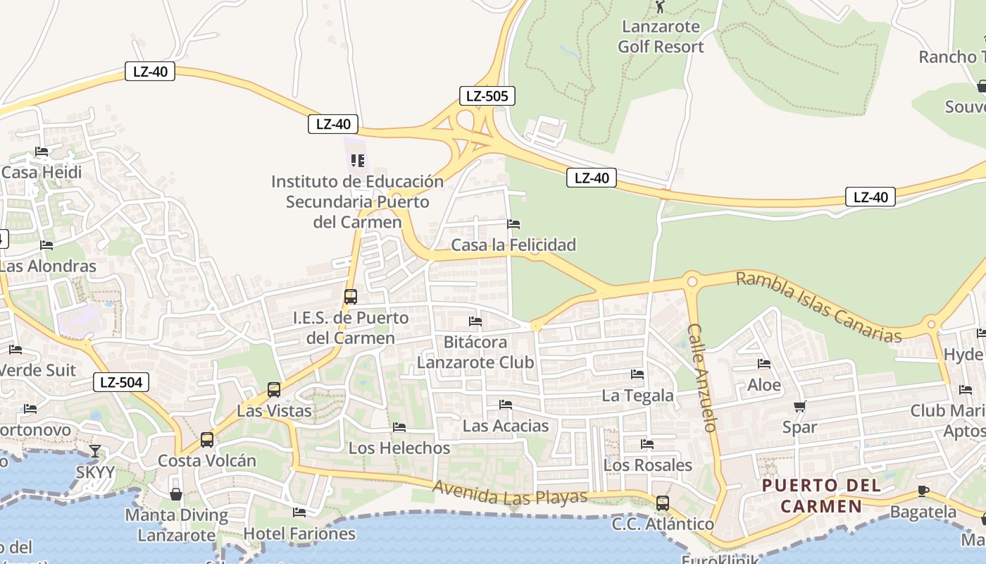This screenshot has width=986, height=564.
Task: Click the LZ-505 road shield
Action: (x=487, y=96)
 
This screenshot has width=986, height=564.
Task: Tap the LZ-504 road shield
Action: (x=121, y=383)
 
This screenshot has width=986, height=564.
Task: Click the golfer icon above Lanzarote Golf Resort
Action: (x=660, y=7)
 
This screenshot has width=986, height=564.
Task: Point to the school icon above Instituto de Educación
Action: (x=357, y=161)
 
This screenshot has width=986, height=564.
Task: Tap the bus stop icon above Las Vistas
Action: (x=274, y=389)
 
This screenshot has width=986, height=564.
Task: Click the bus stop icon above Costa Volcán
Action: (x=206, y=440)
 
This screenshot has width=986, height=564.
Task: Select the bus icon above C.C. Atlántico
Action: (x=663, y=503)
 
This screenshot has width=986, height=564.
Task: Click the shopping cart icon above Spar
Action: (x=799, y=406)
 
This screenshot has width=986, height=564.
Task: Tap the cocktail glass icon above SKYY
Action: (x=95, y=451)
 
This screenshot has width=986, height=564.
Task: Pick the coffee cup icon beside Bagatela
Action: (x=923, y=491)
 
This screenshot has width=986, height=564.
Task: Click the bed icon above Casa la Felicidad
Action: (x=513, y=224)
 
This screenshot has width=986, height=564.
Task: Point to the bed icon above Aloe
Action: (x=764, y=364)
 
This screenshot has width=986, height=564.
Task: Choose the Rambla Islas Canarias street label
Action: (x=818, y=307)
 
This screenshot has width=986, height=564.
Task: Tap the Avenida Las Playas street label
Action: (x=509, y=492)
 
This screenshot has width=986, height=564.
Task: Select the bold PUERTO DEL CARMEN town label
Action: (x=821, y=496)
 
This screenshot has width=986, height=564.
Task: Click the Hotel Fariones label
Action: (x=299, y=534)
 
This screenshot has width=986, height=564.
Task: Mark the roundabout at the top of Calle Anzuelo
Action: (x=692, y=281)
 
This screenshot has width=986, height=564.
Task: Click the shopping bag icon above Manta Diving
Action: (x=176, y=494)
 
